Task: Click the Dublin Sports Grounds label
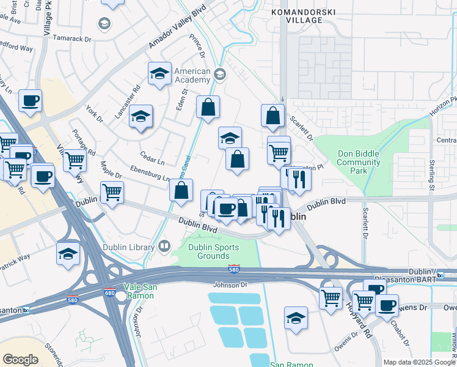coord(209,251)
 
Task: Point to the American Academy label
coord(192,76)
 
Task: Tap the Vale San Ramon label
coord(139,291)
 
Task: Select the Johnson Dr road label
coord(230,284)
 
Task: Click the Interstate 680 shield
coord(110,292)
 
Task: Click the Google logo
coord(20,360)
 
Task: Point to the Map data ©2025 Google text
coord(419,362)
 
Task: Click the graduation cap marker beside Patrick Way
coord(68,254)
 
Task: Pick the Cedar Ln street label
coord(152,162)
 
